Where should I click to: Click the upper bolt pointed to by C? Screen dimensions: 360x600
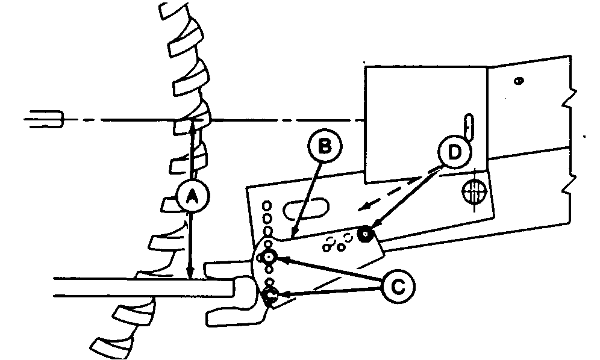(268, 258)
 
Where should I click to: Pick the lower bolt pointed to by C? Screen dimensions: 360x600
(270, 295)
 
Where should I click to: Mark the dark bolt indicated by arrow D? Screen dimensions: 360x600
(365, 234)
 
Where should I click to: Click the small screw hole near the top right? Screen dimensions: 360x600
(519, 80)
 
